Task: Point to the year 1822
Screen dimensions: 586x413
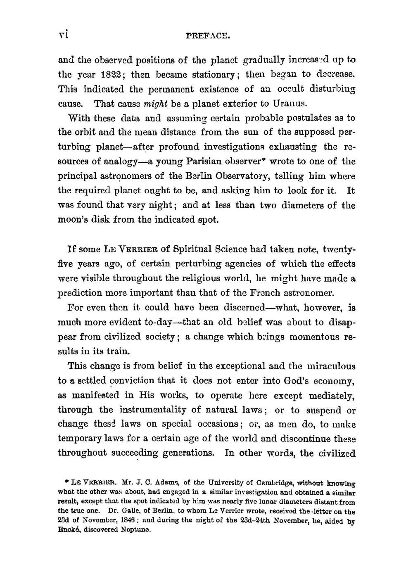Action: point(112,75)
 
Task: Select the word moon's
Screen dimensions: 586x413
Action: point(72,220)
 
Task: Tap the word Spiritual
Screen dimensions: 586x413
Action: point(193,249)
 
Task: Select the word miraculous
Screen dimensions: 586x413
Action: point(330,366)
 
